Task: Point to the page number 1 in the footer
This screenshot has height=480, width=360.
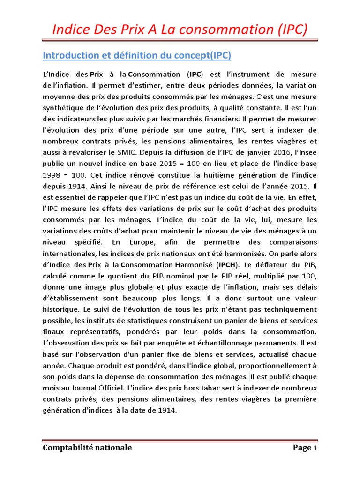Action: coord(315,448)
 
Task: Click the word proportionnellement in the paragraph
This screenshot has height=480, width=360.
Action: coord(268,366)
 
